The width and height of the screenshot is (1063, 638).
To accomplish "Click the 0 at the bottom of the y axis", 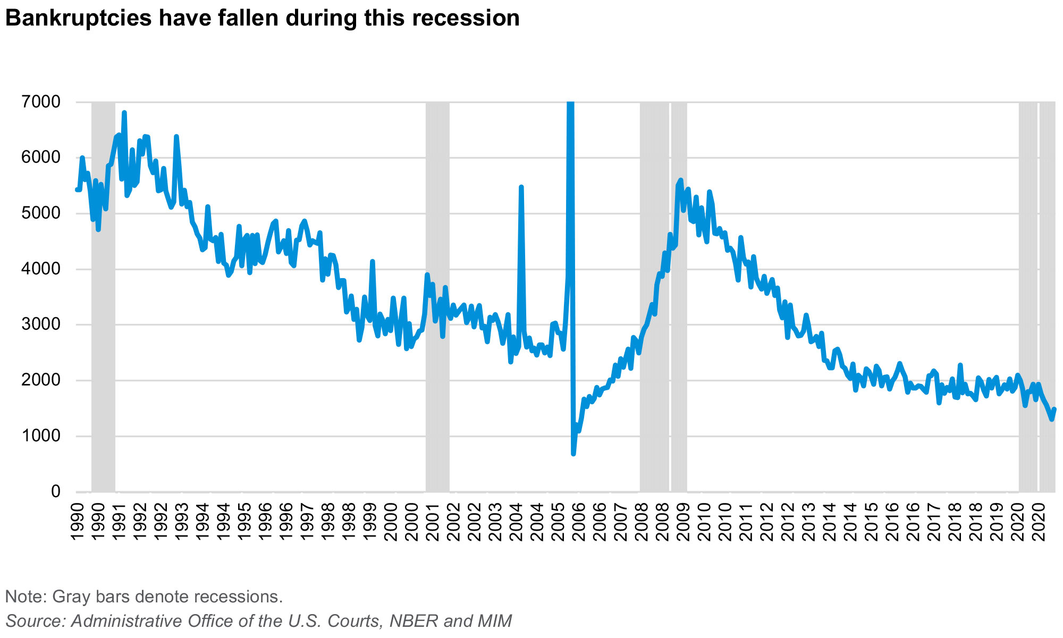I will tap(56, 492).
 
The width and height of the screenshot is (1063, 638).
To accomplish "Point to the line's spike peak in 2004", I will tap(521, 187).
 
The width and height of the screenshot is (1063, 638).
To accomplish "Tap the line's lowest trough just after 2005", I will tap(573, 454).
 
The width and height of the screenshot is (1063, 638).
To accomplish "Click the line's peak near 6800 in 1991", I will tap(124, 113).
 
